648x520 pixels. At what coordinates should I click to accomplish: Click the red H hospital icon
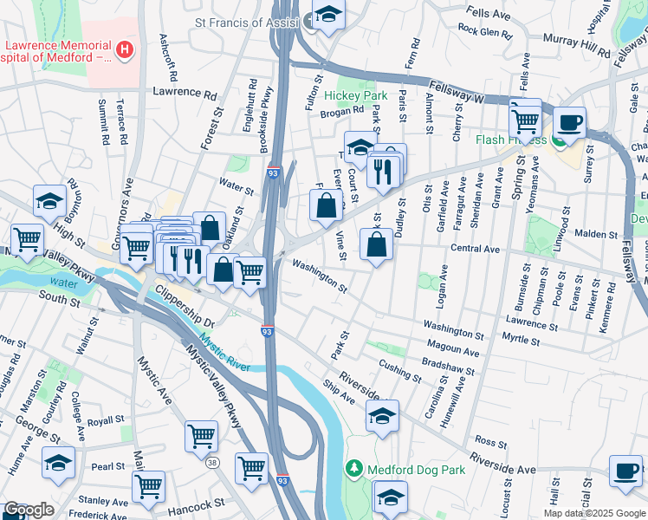126,49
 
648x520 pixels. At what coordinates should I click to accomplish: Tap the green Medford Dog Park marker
353,470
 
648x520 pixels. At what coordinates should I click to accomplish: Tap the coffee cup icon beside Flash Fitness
568,122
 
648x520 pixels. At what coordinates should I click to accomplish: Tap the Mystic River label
225,354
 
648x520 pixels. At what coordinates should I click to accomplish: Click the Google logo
28,510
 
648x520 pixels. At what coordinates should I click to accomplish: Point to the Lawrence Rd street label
184,92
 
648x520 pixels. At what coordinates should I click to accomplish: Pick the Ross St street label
490,441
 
